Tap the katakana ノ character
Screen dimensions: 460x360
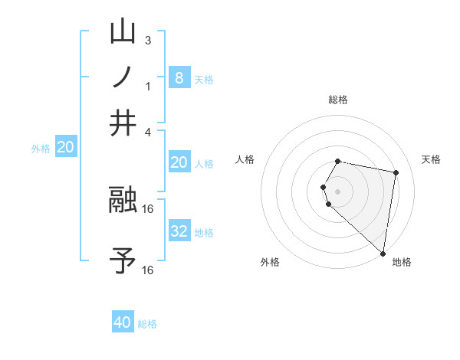click(123, 78)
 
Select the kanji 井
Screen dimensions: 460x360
click(123, 123)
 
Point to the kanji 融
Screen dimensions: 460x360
click(123, 201)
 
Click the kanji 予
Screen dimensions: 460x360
click(123, 261)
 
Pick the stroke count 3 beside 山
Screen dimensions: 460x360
click(148, 41)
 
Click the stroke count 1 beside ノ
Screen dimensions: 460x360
click(148, 86)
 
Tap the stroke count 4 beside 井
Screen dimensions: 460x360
click(148, 132)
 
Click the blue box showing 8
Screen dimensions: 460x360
click(179, 77)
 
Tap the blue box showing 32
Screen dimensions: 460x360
click(179, 231)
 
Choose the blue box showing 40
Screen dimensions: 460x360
click(123, 322)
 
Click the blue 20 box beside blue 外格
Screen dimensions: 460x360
click(65, 148)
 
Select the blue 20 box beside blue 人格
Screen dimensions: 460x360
click(179, 162)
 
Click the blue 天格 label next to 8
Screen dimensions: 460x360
click(203, 80)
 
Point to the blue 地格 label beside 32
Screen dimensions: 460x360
click(204, 233)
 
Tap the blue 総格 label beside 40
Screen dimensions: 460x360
click(147, 324)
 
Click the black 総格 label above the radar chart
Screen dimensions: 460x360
click(337, 100)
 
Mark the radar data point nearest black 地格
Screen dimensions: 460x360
click(383, 253)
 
